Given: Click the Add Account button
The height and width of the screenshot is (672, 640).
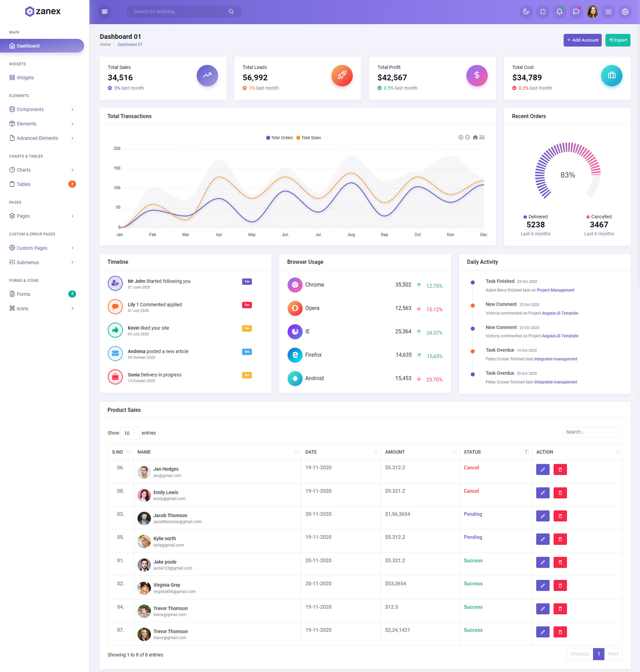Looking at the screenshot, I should click(582, 40).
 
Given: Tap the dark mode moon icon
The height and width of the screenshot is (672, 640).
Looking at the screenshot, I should click(526, 12).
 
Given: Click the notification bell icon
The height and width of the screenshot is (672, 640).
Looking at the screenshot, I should click(559, 12).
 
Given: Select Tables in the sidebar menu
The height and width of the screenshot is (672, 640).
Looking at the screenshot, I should click(24, 184).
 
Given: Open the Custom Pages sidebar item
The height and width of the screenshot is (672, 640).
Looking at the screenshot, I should click(32, 248).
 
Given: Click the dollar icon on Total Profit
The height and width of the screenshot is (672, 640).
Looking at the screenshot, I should click(477, 75).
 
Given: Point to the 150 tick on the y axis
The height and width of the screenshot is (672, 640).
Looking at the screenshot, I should click(117, 168).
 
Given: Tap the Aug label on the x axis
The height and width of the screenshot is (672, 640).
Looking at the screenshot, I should click(351, 235).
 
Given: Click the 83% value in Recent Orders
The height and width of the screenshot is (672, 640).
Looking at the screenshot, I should click(567, 175).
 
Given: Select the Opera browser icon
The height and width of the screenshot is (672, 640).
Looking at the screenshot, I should click(295, 308).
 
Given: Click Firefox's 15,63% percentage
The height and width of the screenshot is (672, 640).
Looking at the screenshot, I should click(434, 356).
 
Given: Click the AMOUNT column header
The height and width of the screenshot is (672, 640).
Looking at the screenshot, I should click(395, 452).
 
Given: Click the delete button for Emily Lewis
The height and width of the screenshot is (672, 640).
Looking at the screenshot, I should click(560, 493).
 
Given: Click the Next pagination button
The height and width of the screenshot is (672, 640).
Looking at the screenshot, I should click(613, 654).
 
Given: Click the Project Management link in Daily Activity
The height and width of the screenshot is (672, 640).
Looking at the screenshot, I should click(555, 290).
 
